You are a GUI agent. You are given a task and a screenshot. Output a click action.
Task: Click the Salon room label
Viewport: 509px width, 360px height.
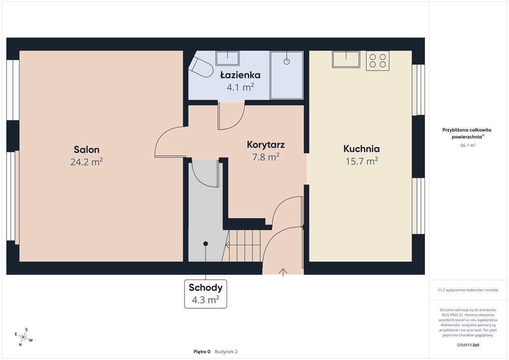tap(86, 150)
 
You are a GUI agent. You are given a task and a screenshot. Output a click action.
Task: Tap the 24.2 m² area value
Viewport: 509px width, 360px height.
tap(86, 162)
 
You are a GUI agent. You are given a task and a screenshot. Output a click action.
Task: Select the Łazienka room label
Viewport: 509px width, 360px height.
tap(240, 75)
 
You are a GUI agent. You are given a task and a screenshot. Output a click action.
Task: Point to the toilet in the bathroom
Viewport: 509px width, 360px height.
tap(201, 67)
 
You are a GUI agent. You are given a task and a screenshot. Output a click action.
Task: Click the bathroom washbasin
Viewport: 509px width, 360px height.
tap(228, 58)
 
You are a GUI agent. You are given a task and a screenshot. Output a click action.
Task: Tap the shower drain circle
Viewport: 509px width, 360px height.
tap(287, 61)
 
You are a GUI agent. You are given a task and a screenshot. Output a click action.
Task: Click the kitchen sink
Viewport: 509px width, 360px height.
tap(346, 59)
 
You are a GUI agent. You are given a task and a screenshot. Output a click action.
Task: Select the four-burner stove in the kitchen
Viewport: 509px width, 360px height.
tap(378, 61)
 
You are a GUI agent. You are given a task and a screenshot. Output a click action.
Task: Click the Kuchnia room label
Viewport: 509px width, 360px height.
tap(362, 149)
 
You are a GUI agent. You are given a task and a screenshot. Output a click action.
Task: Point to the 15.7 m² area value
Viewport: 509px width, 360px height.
tap(362, 161)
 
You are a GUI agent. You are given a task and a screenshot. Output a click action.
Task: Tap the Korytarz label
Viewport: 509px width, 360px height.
tap(266, 145)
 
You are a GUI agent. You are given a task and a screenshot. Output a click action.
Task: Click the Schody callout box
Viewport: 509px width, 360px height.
tap(205, 294)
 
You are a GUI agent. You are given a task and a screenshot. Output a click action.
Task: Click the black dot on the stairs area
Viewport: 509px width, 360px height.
tap(205, 244)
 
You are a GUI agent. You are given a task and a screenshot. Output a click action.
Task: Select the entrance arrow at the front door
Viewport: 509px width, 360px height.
tap(283, 272)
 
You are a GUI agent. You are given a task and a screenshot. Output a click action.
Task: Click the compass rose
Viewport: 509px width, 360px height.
tap(23, 337)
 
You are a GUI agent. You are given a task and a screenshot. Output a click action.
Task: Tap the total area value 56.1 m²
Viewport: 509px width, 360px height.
tap(468, 145)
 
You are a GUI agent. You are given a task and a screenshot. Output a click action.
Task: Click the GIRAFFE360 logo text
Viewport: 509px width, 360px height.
tap(468, 345)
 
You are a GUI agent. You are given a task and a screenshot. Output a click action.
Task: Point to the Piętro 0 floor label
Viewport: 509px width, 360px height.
tap(202, 352)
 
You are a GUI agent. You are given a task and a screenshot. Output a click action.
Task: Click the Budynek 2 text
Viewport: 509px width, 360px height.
tap(226, 352)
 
